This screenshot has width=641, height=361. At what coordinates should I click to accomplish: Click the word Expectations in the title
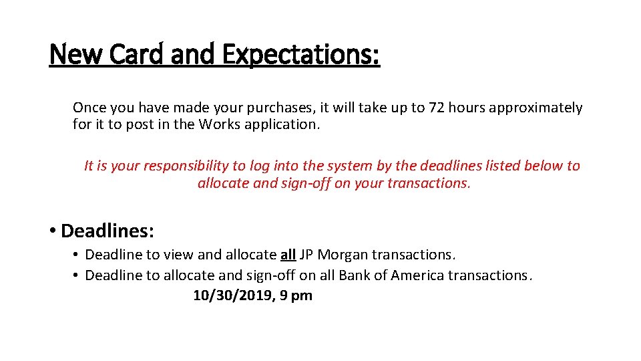(x=300, y=55)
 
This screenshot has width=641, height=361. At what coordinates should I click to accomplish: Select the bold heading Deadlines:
(x=108, y=231)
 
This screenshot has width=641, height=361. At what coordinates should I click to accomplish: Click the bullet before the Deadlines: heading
(x=52, y=232)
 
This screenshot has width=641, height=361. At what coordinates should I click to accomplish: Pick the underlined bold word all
(x=288, y=255)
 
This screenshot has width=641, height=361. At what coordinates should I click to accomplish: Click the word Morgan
(x=343, y=255)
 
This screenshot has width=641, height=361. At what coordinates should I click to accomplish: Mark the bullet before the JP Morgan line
(x=77, y=255)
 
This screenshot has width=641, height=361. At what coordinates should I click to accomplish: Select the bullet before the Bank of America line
(x=77, y=275)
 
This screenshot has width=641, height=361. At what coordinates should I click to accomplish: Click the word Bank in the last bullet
(x=355, y=275)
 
